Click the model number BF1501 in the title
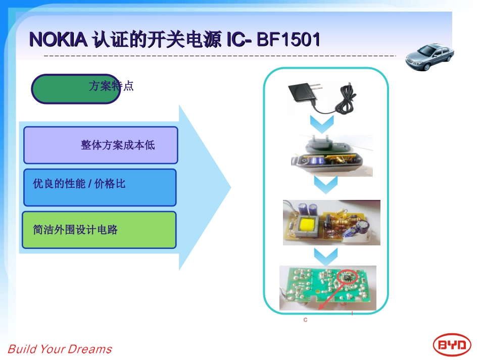point(289,39)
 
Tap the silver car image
point(429,57)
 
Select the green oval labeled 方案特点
point(76,89)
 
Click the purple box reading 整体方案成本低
point(101,145)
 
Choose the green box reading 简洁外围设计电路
point(99,230)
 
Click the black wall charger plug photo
point(302,96)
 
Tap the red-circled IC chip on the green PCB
point(348,276)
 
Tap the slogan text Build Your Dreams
point(60,349)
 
